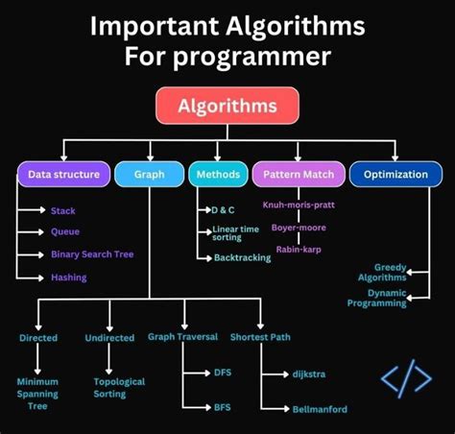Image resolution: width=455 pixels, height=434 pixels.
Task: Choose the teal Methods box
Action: [216, 175]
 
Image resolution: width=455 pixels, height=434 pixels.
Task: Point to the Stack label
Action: [63, 210]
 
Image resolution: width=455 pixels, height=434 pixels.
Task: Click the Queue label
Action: [66, 231]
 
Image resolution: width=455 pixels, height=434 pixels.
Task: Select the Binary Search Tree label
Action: [92, 254]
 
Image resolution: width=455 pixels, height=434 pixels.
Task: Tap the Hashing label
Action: [69, 277]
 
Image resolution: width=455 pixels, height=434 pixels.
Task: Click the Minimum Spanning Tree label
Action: [37, 394]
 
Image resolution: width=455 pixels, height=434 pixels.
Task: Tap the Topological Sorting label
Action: [119, 387]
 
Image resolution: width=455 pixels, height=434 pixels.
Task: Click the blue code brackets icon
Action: [406, 378]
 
